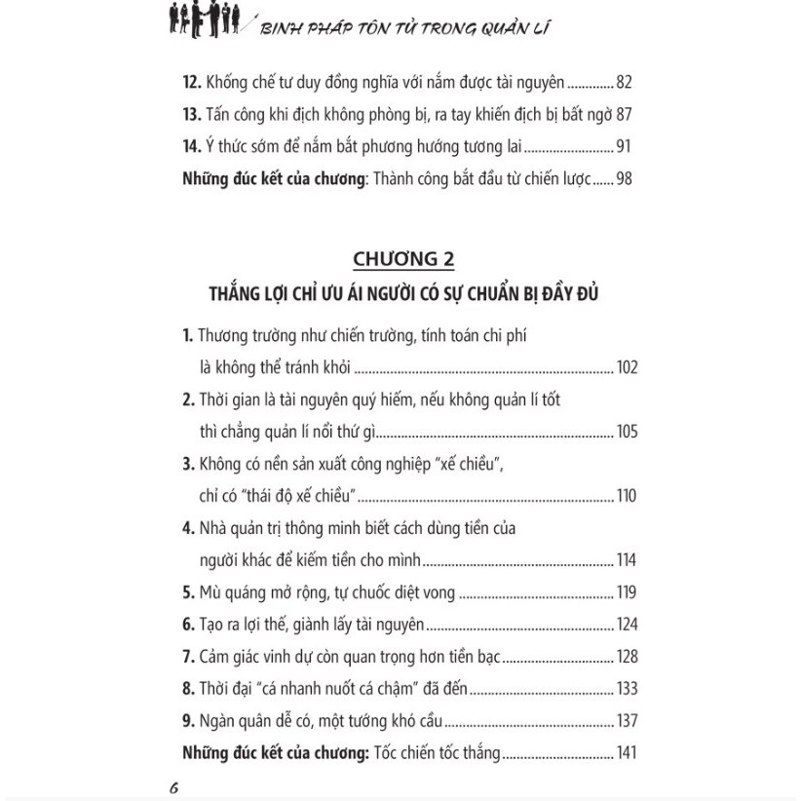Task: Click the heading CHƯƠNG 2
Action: (x=403, y=259)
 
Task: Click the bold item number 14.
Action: (x=191, y=148)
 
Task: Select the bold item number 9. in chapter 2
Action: (x=188, y=721)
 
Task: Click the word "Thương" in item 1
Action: (x=226, y=336)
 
